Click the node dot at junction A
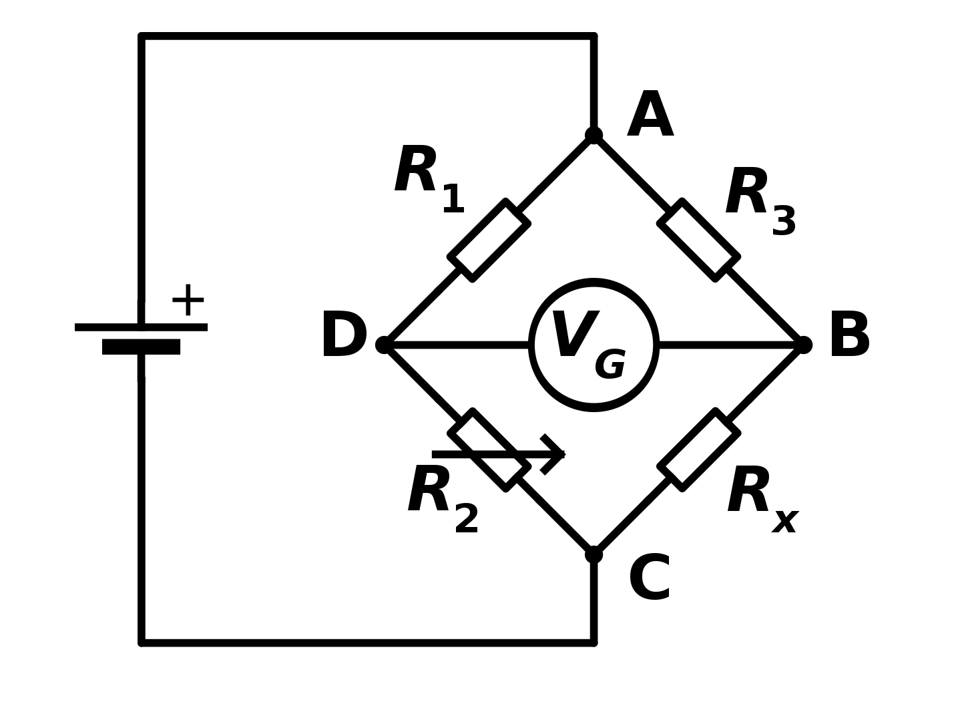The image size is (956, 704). (x=593, y=136)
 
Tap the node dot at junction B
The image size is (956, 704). (x=803, y=345)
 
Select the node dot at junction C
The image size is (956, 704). (x=593, y=554)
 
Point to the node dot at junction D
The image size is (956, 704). (x=384, y=345)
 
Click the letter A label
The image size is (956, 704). (x=650, y=116)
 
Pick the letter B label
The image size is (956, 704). (x=849, y=336)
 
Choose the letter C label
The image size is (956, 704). (x=650, y=578)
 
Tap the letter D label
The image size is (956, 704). (x=344, y=336)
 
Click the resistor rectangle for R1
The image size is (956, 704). (x=489, y=240)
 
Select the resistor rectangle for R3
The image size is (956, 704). (x=698, y=240)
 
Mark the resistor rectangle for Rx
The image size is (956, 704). (x=698, y=450)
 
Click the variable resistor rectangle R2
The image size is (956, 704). (x=489, y=450)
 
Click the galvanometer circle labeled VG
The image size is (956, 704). (x=593, y=345)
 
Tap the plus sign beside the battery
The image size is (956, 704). (x=188, y=301)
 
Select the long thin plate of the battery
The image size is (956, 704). (x=141, y=327)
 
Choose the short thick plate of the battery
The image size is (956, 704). (x=141, y=347)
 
